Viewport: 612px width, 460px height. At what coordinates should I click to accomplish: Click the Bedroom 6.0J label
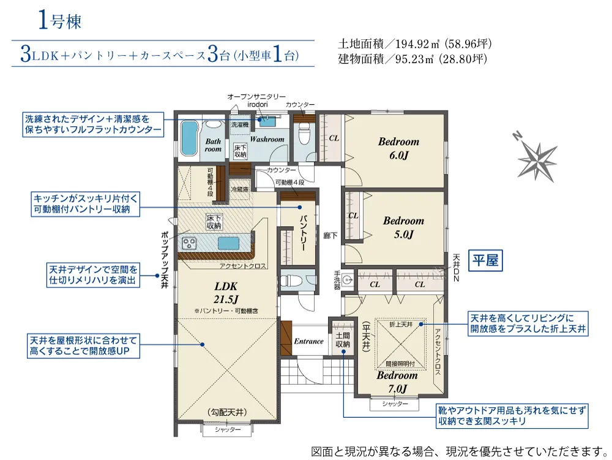[x=398, y=148]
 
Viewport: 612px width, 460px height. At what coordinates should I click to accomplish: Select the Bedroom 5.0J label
[x=403, y=228]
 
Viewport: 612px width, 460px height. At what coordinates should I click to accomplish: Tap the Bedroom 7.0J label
[x=397, y=382]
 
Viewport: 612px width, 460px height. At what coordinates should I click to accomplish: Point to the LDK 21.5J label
[x=226, y=293]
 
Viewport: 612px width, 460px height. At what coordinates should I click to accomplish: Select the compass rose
[x=537, y=157]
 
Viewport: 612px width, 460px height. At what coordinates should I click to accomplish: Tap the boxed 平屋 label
[x=485, y=260]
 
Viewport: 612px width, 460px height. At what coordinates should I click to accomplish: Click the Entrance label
[x=308, y=341]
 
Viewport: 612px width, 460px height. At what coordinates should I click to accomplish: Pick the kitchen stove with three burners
[x=190, y=244]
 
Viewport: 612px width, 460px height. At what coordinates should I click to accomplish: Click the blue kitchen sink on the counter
[x=228, y=243]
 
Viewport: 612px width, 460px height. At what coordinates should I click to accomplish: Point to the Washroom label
[x=267, y=139]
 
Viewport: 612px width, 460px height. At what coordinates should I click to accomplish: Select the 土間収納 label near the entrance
[x=342, y=340]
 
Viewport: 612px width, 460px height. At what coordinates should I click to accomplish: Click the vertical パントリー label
[x=304, y=233]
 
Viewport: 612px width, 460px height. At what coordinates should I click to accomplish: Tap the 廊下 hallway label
[x=330, y=235]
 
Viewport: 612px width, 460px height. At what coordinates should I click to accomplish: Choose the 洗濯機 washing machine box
[x=240, y=124]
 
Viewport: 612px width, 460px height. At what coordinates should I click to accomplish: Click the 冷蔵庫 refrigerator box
[x=240, y=189]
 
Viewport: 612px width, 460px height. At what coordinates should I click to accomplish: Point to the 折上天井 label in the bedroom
[x=400, y=325]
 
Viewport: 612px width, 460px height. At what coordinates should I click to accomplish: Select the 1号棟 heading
[x=59, y=20]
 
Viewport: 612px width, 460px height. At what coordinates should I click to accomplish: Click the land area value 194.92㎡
[x=414, y=44]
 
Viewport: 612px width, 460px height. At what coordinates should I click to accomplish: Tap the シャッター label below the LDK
[x=228, y=429]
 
